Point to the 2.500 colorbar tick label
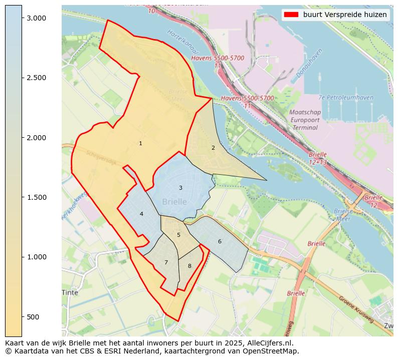click(x=36, y=78)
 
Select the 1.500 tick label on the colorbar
click(x=36, y=197)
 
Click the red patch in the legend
click(x=291, y=15)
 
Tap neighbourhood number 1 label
click(x=140, y=144)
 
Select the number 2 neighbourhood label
click(x=213, y=148)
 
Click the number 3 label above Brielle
click(x=180, y=188)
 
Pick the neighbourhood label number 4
click(x=141, y=214)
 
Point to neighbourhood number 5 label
click(x=178, y=235)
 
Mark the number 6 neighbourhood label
click(x=220, y=241)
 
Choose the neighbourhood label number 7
click(x=166, y=262)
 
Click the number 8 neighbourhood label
click(x=189, y=266)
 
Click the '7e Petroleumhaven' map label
click(x=346, y=98)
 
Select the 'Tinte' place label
click(x=70, y=292)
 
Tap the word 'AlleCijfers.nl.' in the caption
click(x=269, y=343)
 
